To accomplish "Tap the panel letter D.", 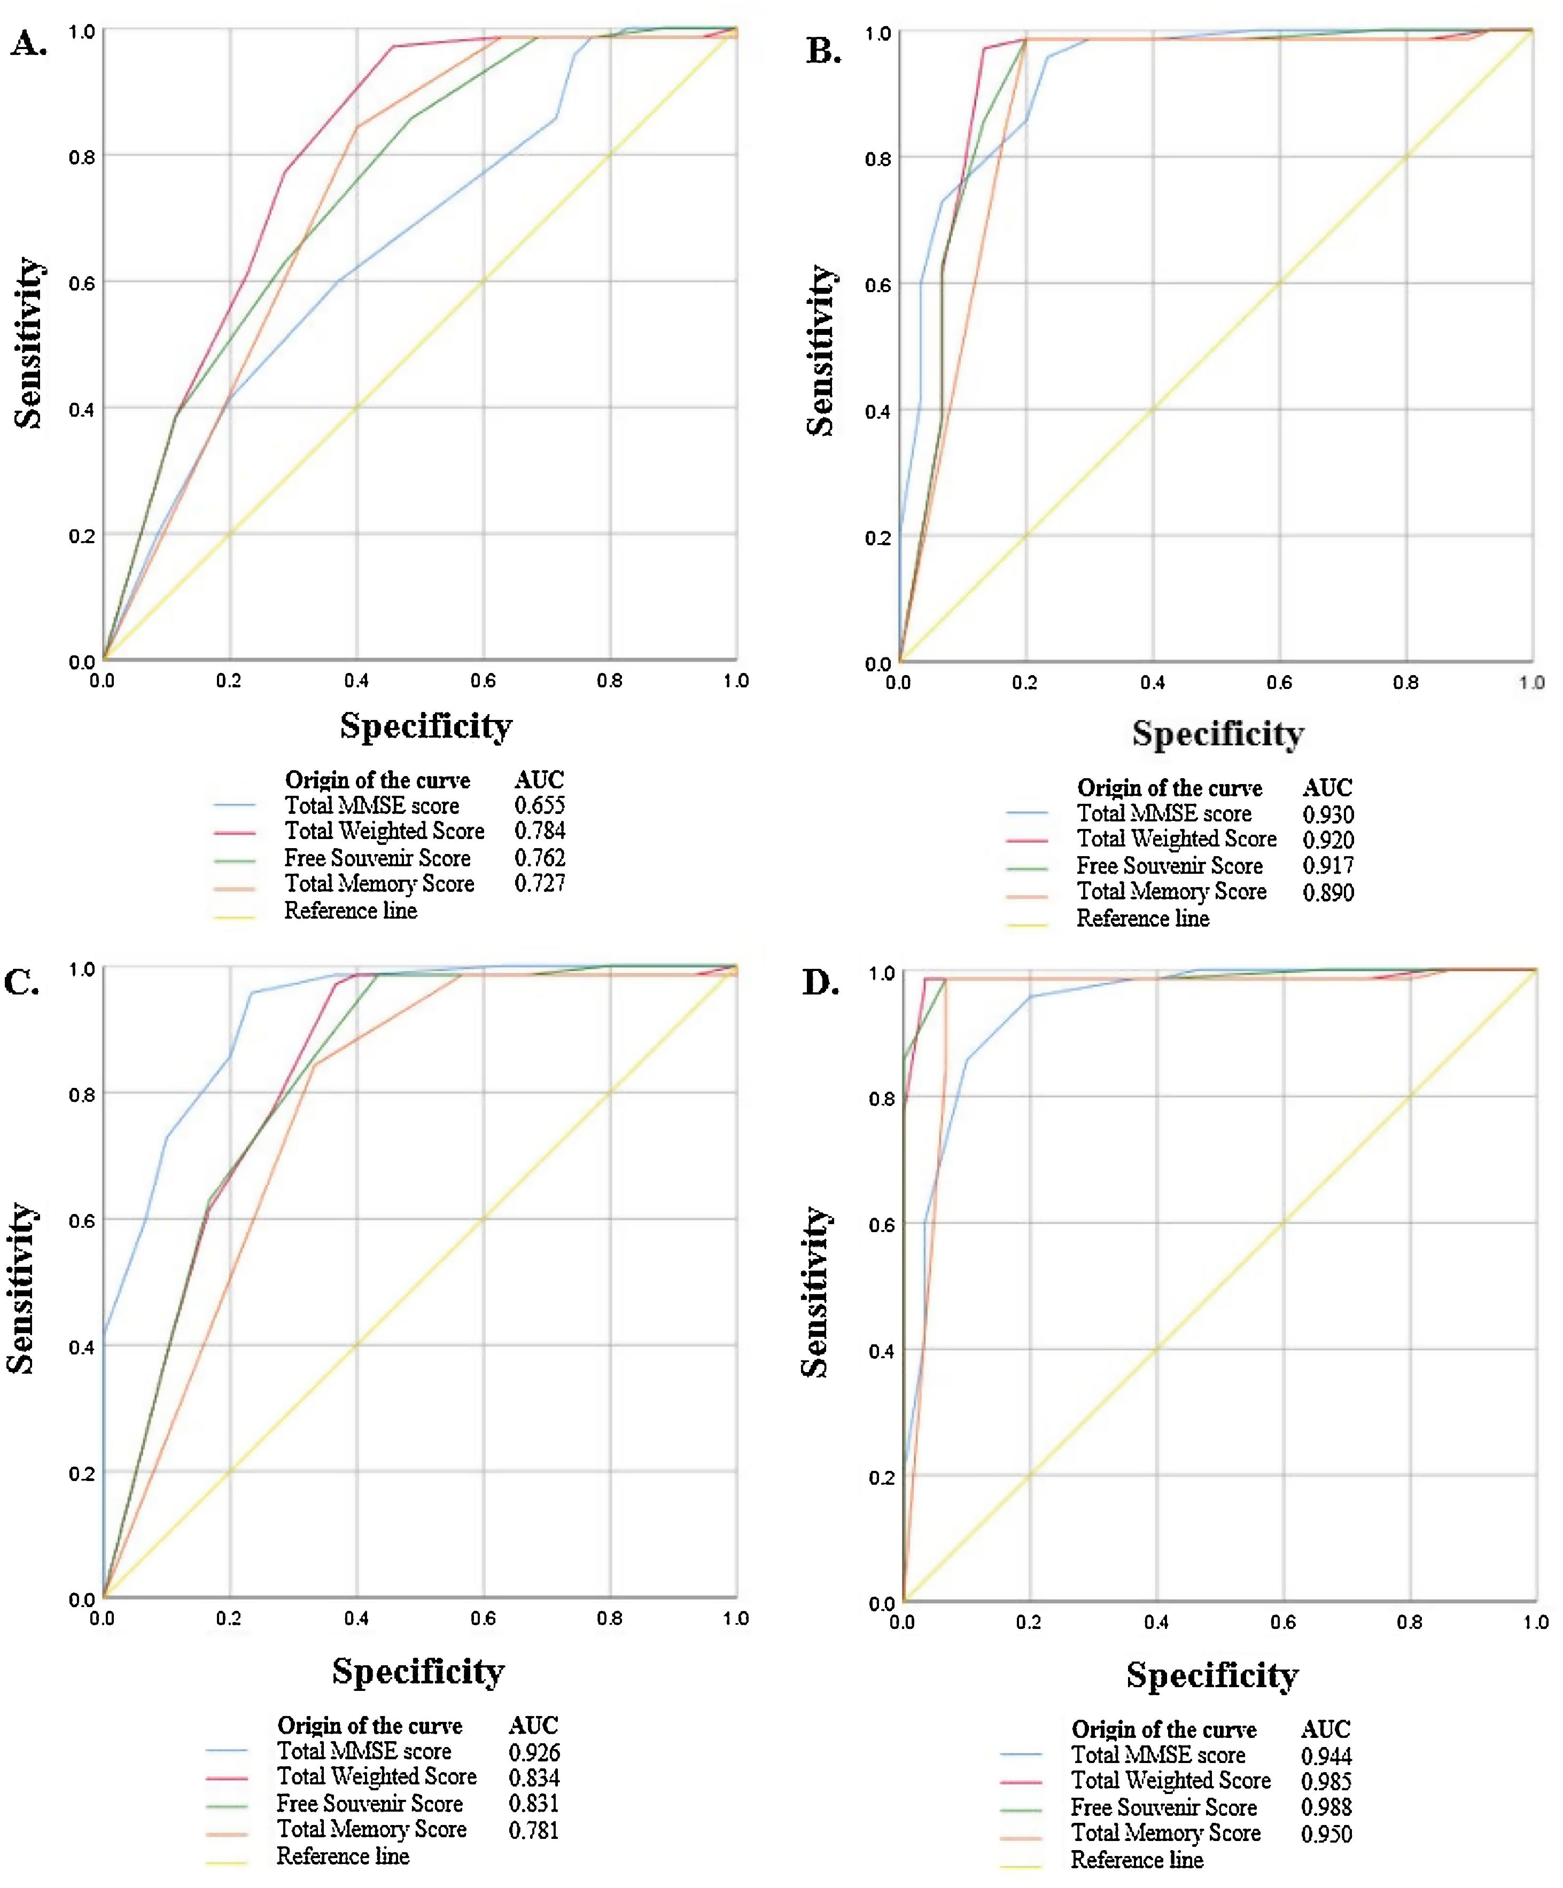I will click(x=820, y=983).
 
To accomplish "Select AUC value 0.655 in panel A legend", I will click(x=540, y=805).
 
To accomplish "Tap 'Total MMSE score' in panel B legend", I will click(x=1164, y=813).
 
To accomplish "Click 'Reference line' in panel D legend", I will click(x=1137, y=1859).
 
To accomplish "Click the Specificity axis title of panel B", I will click(x=1218, y=734).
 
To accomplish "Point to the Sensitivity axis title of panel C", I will click(x=21, y=1288).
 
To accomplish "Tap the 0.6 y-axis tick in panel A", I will click(x=82, y=283).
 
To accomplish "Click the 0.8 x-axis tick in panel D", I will click(x=1409, y=1622).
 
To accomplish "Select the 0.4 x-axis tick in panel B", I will click(x=1152, y=683).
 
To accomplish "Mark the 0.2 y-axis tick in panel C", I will click(x=82, y=1474).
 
